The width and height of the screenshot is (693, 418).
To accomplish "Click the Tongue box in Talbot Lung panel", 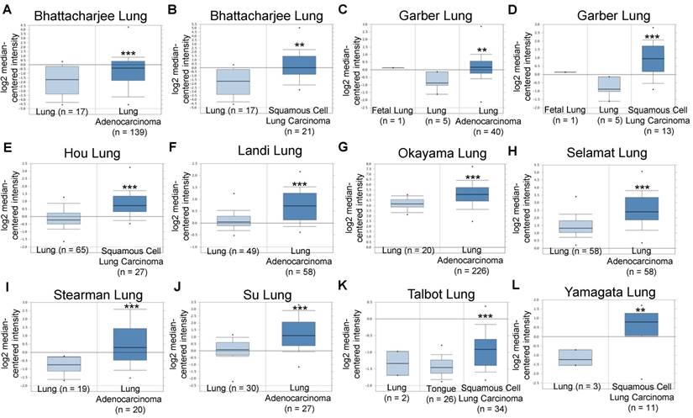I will coord(442,366).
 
